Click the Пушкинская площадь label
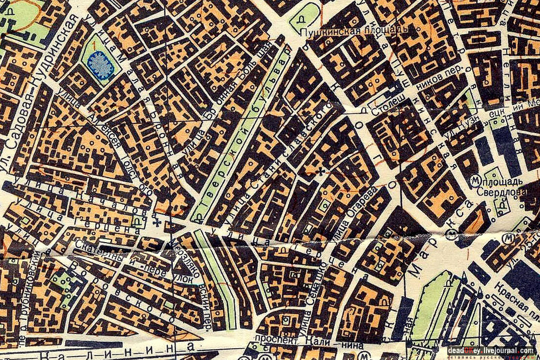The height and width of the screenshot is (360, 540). [353, 32]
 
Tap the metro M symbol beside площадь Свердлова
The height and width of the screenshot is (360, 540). [474, 180]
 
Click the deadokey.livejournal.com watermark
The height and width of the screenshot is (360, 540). [490, 351]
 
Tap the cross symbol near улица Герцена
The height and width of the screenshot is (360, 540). [158, 223]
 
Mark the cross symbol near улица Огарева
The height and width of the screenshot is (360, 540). [322, 171]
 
